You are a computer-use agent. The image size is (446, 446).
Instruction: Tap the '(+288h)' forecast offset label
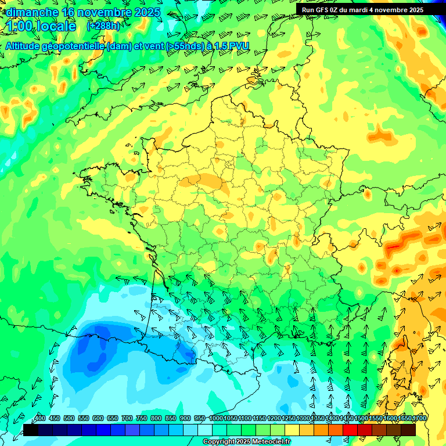(x=103, y=26)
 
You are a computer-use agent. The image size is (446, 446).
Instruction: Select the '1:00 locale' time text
(x=41, y=26)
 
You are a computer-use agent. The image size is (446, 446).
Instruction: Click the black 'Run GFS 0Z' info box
(x=371, y=9)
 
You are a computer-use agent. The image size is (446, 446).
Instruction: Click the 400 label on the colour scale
(x=40, y=418)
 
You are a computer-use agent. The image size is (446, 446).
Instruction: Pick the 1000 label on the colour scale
(x=216, y=418)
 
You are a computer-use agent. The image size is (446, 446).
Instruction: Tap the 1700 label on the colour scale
(x=420, y=418)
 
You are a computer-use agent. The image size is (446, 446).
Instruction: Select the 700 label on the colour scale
(x=127, y=418)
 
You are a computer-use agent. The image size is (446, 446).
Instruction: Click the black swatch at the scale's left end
(x=31, y=430)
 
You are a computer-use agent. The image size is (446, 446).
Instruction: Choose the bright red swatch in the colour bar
(x=350, y=430)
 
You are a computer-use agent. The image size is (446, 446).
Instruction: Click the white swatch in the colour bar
(x=205, y=430)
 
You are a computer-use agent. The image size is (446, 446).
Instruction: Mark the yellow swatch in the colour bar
(x=292, y=430)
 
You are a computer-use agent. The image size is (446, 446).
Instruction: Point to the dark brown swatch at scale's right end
(x=408, y=430)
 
